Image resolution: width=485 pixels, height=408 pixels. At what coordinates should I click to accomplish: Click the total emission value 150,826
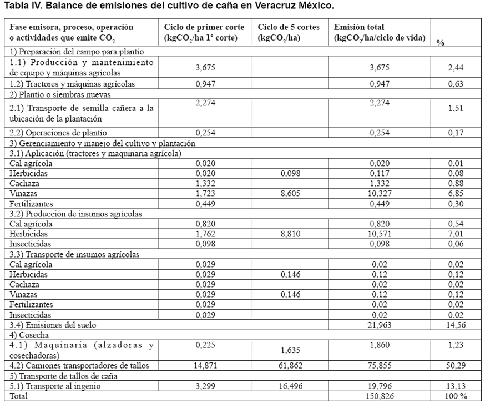pos(380,396)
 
